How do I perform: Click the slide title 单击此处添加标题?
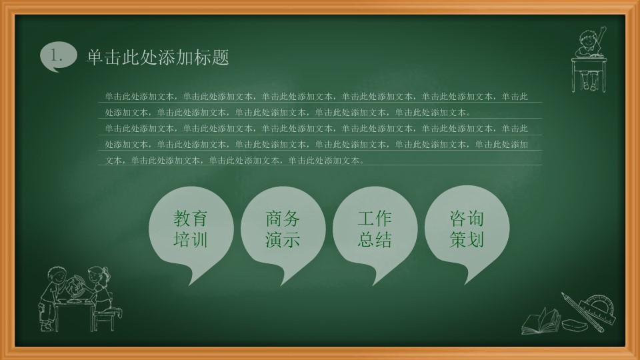coord(158,58)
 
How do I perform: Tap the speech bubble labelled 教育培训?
coord(191,231)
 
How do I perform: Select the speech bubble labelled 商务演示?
coord(283,231)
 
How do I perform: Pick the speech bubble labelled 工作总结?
coord(375,231)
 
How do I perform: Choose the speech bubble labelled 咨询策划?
coord(467,231)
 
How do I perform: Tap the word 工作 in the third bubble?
coord(375,219)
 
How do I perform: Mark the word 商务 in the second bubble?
coord(283,219)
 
